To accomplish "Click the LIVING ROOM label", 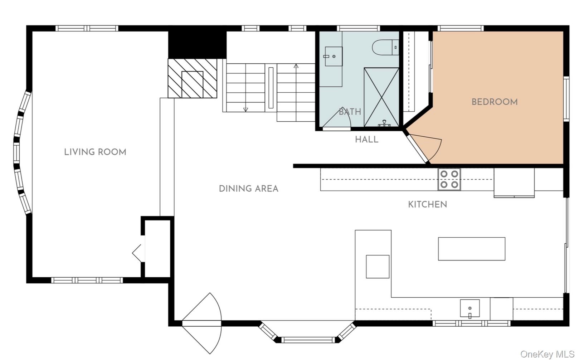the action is click(95, 152).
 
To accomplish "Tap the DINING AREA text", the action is click(249, 189).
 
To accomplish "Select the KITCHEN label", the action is click(428, 204).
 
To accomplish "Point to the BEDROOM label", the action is click(495, 102).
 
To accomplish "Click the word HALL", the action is click(366, 140).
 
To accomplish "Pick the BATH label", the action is click(350, 112).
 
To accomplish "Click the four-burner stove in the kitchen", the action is click(449, 179).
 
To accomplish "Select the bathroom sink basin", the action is click(334, 56).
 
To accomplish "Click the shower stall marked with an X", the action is click(381, 97).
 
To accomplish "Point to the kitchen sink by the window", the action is click(470, 308).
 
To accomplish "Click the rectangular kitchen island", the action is click(472, 249).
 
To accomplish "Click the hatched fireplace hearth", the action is click(192, 78).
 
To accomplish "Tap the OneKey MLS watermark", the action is click(548, 354).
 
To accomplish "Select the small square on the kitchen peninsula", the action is click(378, 267).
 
